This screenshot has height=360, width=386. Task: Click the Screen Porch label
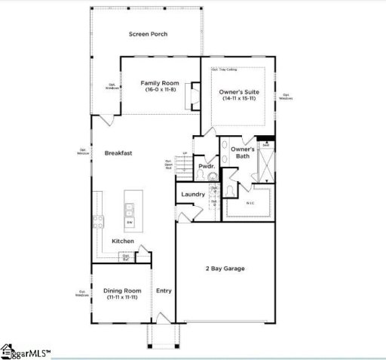149,34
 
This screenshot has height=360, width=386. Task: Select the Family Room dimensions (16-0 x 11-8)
160,90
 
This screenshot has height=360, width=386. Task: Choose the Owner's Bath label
244,152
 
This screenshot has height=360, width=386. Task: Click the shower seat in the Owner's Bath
266,146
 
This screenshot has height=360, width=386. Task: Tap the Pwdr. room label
204,165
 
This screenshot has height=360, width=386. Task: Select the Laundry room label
193,195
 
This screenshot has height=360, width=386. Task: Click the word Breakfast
118,152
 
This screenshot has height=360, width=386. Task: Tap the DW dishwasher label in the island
130,223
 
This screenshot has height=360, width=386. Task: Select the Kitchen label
123,242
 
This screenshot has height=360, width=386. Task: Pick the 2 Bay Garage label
225,269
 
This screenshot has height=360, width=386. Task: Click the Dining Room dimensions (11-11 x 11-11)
121,297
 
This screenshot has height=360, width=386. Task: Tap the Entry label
164,291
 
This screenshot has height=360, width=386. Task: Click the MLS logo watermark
29,349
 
